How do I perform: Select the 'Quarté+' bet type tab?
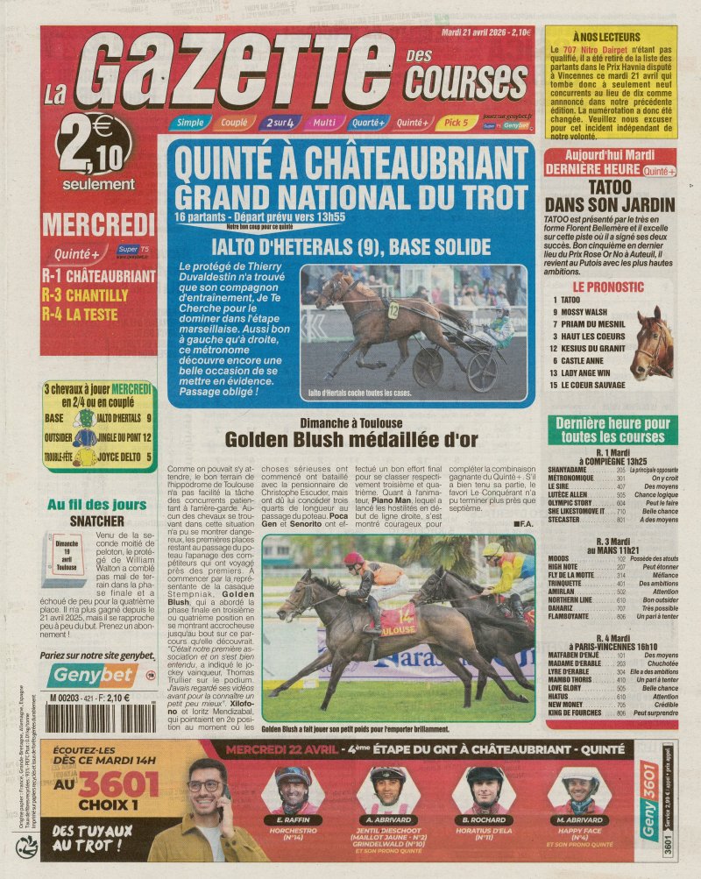369,123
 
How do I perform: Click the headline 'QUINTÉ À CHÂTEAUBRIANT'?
351,164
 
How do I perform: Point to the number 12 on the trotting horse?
393,308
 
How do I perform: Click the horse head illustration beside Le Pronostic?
652,341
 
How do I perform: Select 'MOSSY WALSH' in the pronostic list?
585,312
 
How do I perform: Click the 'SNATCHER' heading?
97,520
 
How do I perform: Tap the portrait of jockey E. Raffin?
293,783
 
